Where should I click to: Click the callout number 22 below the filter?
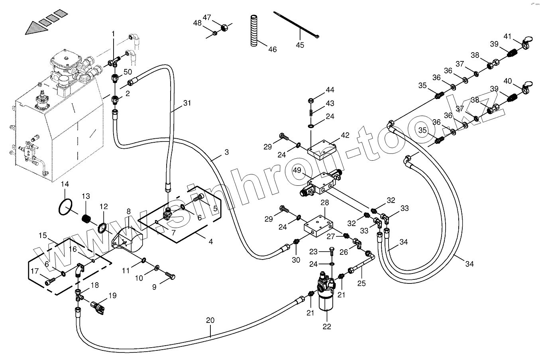pos(327,327)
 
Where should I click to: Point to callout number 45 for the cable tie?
pos(300,45)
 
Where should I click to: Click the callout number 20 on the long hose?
pos(210,320)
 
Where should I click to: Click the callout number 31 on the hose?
pos(187,103)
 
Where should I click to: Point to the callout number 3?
pos(226,152)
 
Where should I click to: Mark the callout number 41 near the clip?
pos(507,36)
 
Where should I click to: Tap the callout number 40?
pos(507,81)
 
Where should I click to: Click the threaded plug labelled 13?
pos(87,218)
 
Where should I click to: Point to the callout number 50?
pos(128,72)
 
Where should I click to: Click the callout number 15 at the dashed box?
pos(43,236)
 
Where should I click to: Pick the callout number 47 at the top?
pos(207,17)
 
